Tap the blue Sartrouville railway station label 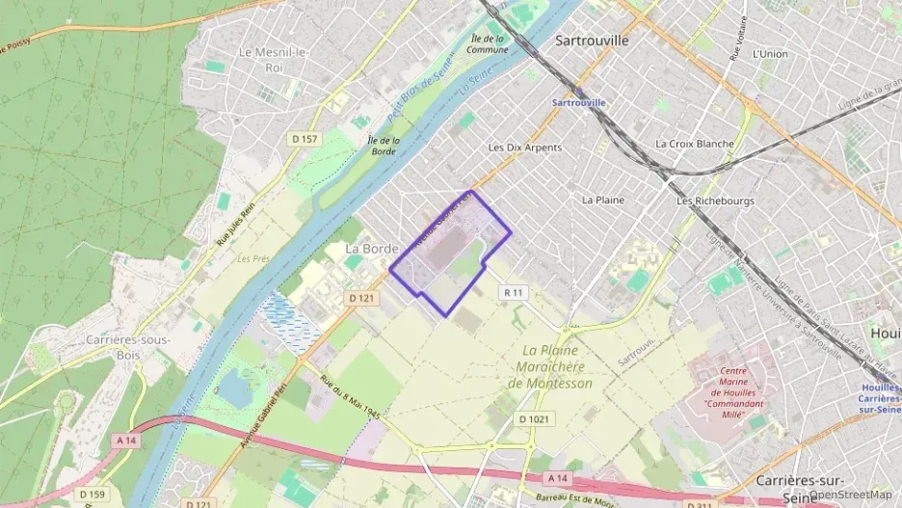click(x=579, y=102)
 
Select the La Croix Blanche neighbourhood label click(x=694, y=144)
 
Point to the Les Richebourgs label click(x=715, y=201)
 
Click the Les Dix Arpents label click(x=524, y=147)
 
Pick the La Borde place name click(x=371, y=249)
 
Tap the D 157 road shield click(x=305, y=139)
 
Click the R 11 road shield click(x=514, y=292)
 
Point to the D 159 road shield click(x=92, y=495)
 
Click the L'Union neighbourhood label click(x=770, y=54)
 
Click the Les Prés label click(x=252, y=258)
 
